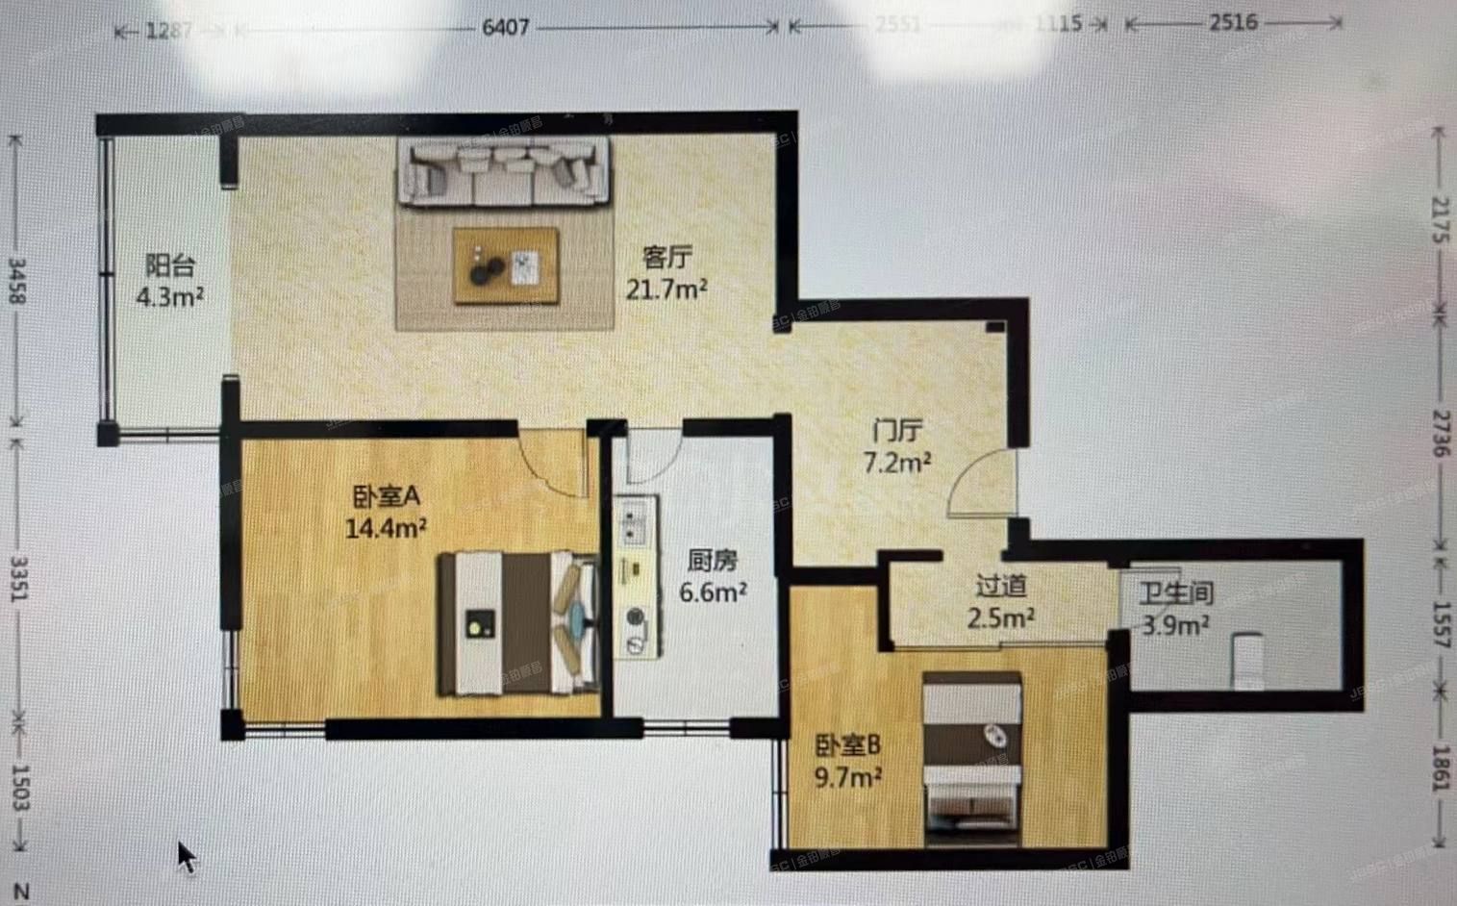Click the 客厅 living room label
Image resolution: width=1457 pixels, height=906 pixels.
pyautogui.click(x=666, y=258)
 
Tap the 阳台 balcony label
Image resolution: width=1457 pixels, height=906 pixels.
pyautogui.click(x=170, y=265)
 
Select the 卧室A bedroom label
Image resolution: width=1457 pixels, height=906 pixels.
pyautogui.click(x=387, y=496)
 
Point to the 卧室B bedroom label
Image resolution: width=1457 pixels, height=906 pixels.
pyautogui.click(x=848, y=744)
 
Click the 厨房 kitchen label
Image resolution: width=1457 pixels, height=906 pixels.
pyautogui.click(x=713, y=561)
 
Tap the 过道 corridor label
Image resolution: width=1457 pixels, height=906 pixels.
pyautogui.click(x=1000, y=585)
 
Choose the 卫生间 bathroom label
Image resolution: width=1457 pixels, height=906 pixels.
pyautogui.click(x=1175, y=593)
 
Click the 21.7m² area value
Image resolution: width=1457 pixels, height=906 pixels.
pyautogui.click(x=666, y=289)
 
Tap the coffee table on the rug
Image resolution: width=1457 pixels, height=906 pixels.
pyautogui.click(x=506, y=266)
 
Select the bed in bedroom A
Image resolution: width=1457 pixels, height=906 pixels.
pyautogui.click(x=517, y=623)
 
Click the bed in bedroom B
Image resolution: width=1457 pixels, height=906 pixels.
pyautogui.click(x=971, y=760)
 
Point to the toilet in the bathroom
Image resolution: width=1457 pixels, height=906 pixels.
pyautogui.click(x=1247, y=660)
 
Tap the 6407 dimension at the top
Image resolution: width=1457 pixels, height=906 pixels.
pyautogui.click(x=505, y=27)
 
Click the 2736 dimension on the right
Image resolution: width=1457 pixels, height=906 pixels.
pyautogui.click(x=1440, y=433)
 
